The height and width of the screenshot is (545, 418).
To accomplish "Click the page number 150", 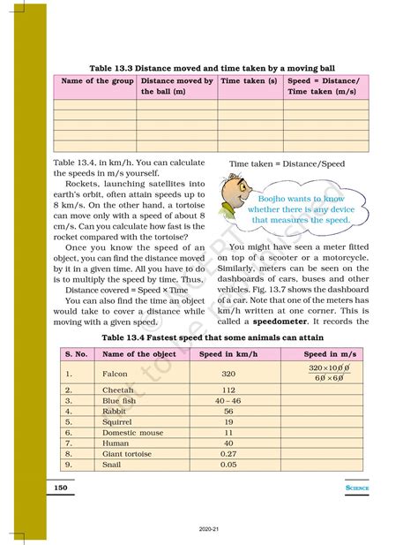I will pyautogui.click(x=61, y=487).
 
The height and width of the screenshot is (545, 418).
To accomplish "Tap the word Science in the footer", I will pyautogui.click(x=356, y=488).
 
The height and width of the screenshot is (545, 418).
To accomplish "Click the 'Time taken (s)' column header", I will pyautogui.click(x=248, y=80).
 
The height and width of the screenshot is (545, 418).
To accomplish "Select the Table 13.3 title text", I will pyautogui.click(x=209, y=65).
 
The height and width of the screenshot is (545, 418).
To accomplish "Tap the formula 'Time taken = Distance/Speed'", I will pyautogui.click(x=287, y=163).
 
